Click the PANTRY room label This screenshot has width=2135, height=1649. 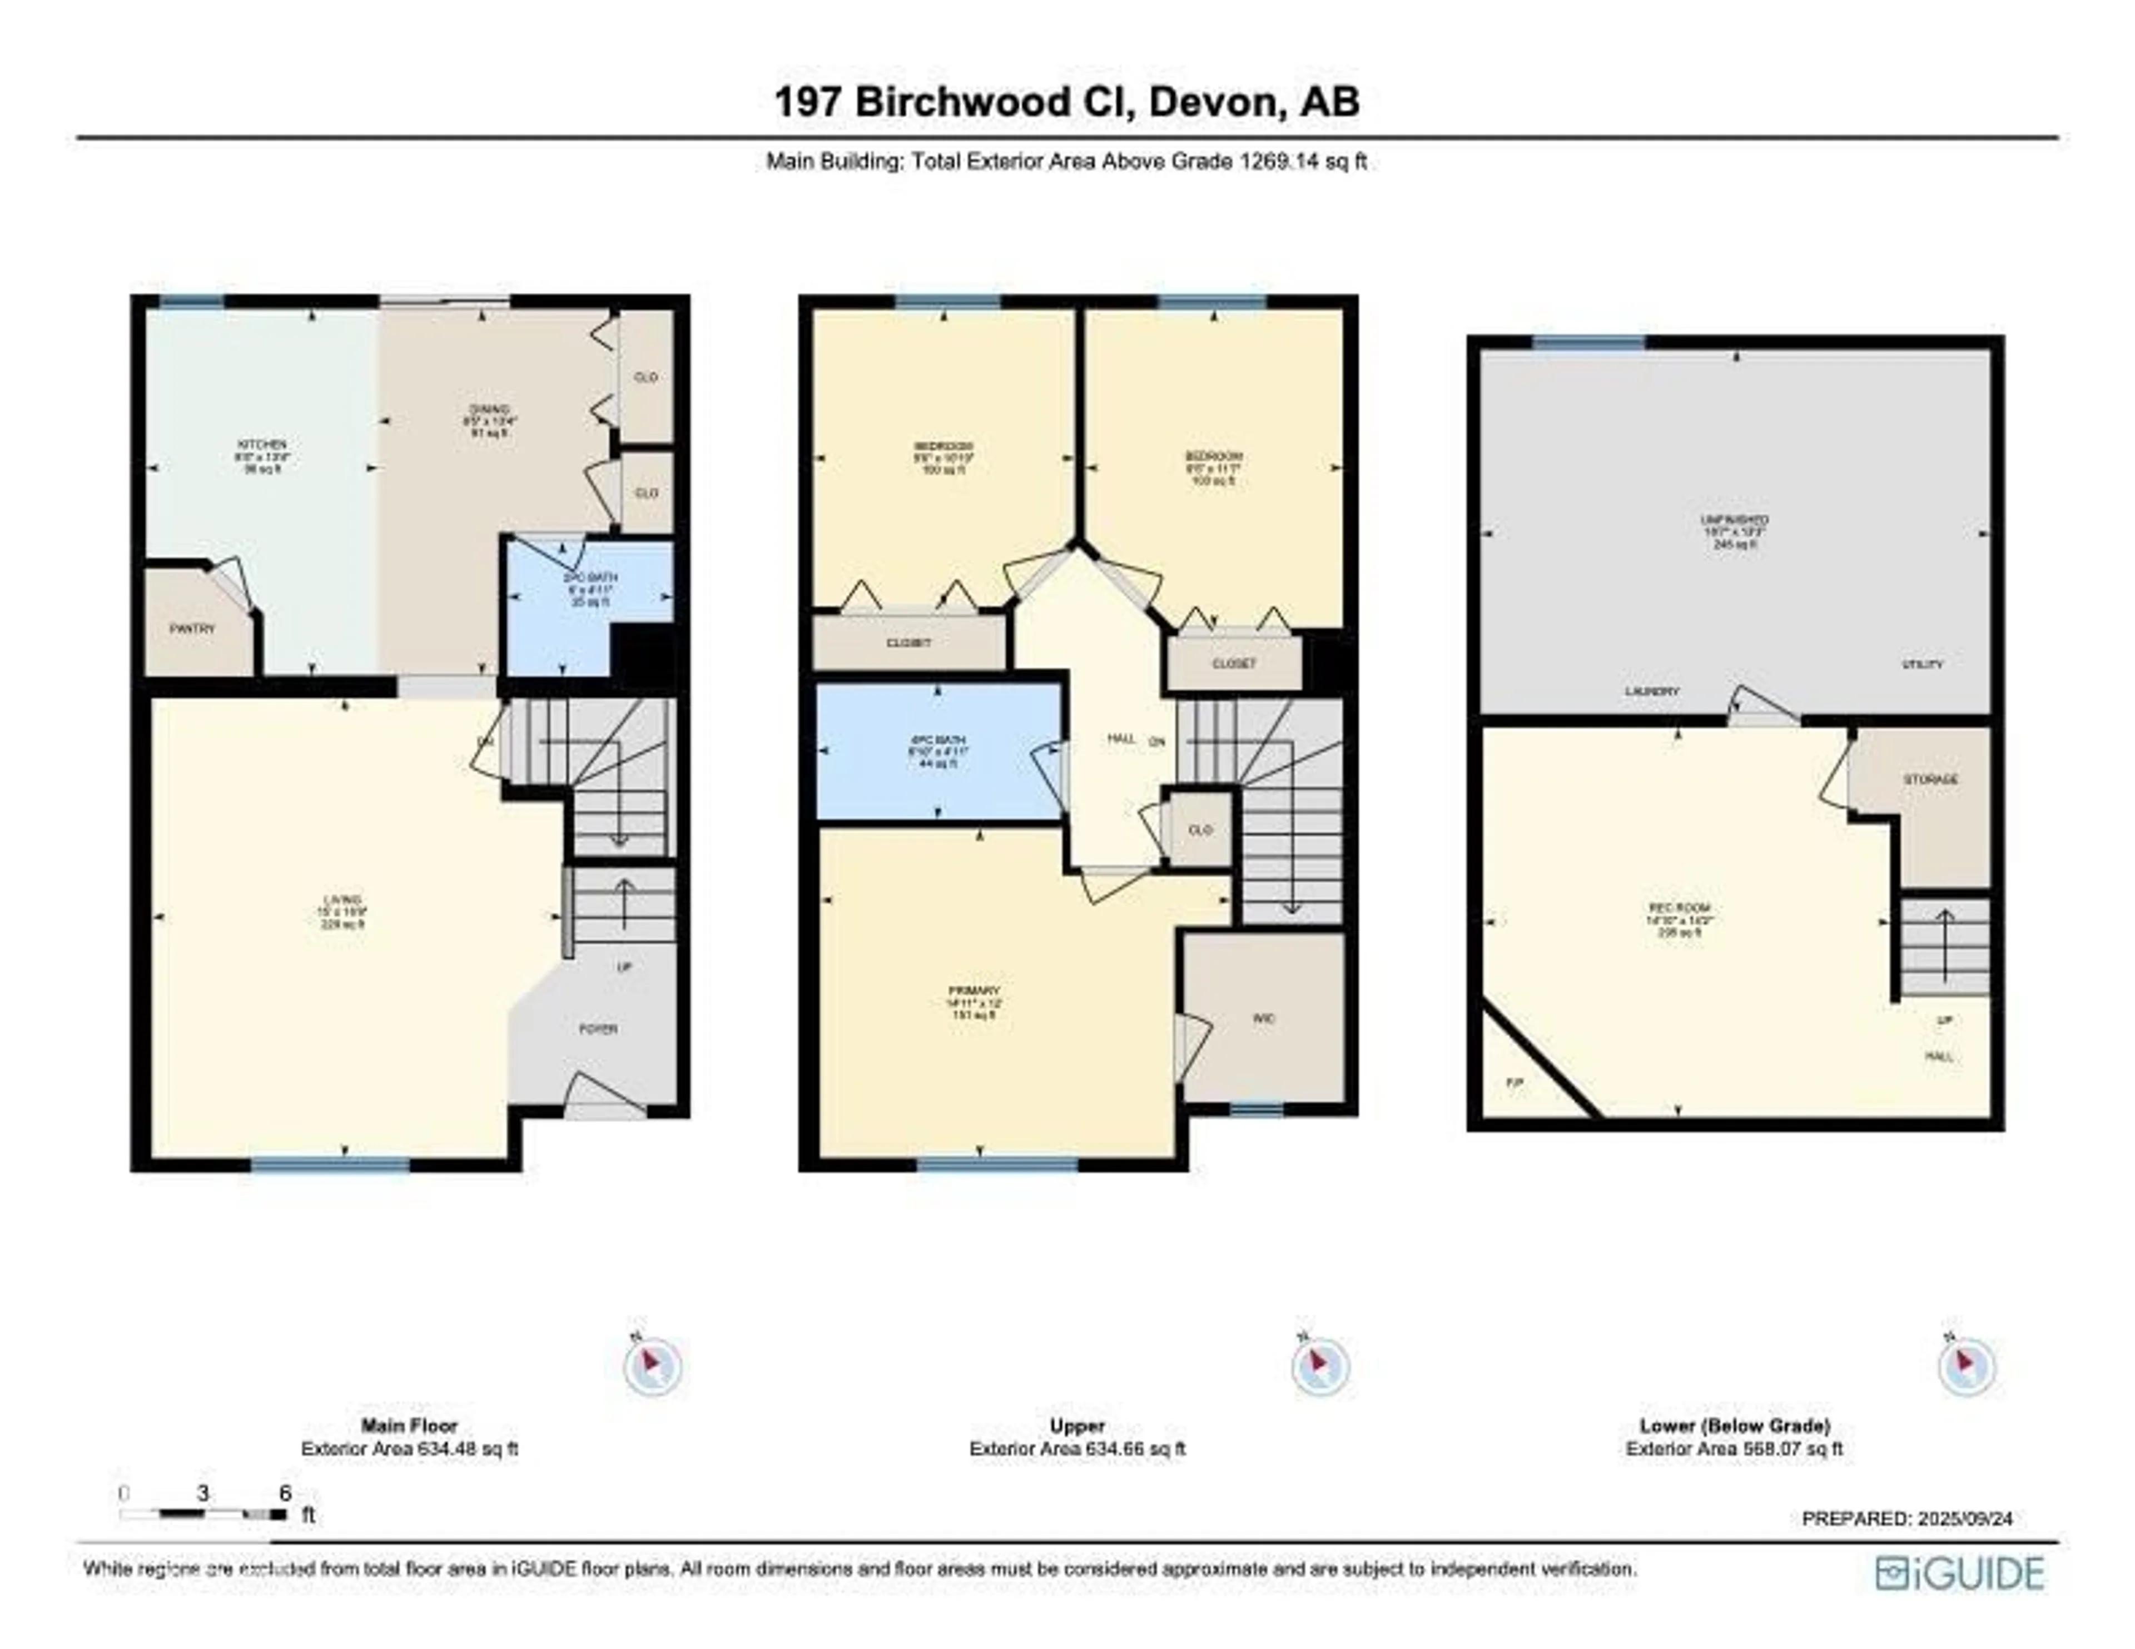click(x=192, y=630)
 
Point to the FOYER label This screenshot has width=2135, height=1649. click(x=598, y=1029)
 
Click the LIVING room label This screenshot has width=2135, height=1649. click(x=342, y=899)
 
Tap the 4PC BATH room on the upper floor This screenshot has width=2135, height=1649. click(x=939, y=751)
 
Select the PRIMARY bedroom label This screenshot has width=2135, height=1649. click(x=974, y=990)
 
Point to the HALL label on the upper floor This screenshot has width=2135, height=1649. click(x=1121, y=739)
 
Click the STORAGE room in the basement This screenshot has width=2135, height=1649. click(x=1931, y=780)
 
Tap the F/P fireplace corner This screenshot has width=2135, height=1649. click(x=1515, y=1083)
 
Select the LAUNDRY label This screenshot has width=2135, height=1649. click(x=1652, y=691)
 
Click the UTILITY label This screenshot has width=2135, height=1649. click(x=1922, y=665)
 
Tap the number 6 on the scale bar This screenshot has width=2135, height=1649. click(x=285, y=1493)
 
